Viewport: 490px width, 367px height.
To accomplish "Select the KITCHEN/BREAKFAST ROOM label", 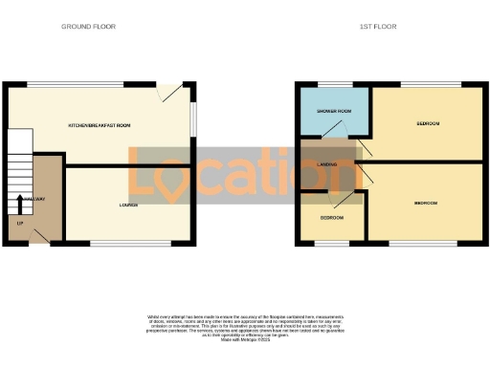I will tap(100, 126).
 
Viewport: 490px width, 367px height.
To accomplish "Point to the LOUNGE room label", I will tap(128, 205).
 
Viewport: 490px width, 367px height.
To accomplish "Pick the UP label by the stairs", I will tap(19, 224).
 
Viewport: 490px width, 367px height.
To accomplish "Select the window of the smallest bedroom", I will tap(329, 245).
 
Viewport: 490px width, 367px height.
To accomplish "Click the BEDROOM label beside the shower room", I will tap(428, 124).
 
